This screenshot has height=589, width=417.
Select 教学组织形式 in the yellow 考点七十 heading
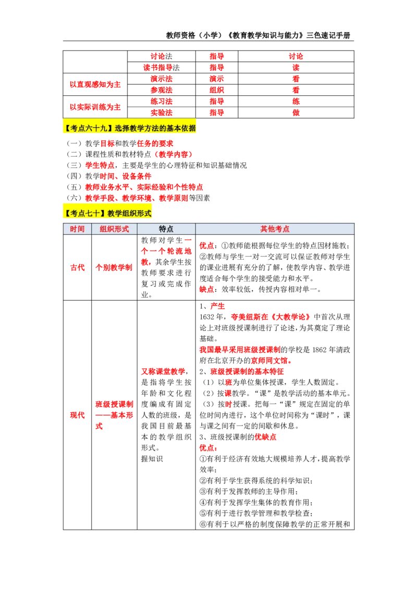pos(129,213)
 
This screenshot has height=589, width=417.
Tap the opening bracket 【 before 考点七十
pos(67,213)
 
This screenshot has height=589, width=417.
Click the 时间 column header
pos(77,229)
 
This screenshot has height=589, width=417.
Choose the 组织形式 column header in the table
pos(114,229)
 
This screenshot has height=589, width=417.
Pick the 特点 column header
pos(166,229)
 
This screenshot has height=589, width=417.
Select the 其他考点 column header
pos(275,229)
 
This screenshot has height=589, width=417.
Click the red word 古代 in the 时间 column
pos(78,268)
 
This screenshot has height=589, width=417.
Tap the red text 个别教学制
pos(114,268)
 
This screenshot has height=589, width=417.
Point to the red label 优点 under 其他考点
pos(206,246)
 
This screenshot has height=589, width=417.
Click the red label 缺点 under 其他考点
pos(206,289)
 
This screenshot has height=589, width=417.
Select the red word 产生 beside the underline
pos(217,306)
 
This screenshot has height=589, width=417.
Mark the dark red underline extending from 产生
pos(287,310)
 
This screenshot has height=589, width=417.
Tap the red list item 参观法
pos(162,90)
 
